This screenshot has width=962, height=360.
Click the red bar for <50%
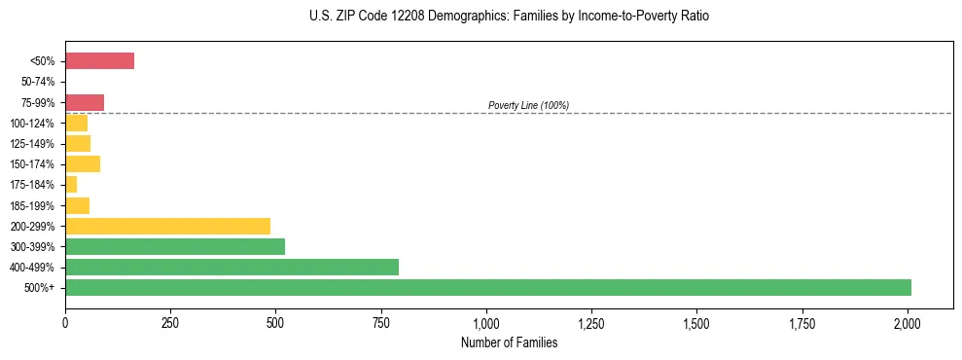(x=99, y=61)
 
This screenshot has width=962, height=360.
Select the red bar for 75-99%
(x=85, y=102)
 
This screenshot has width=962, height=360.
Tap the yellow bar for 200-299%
(x=265, y=226)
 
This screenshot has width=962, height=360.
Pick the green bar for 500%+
(x=487, y=287)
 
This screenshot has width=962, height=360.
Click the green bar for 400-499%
(x=232, y=267)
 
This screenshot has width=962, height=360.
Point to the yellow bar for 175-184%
(x=71, y=185)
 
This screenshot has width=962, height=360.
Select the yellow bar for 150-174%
(x=83, y=163)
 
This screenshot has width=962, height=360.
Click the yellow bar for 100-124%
(x=76, y=123)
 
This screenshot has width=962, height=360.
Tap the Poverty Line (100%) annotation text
(x=528, y=105)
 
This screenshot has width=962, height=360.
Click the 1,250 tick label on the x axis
(x=591, y=322)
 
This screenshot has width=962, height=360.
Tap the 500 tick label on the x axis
(x=275, y=322)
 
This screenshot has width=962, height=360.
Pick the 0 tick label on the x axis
(x=65, y=322)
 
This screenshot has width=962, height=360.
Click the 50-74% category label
(x=38, y=82)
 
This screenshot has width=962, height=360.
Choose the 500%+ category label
(x=41, y=288)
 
